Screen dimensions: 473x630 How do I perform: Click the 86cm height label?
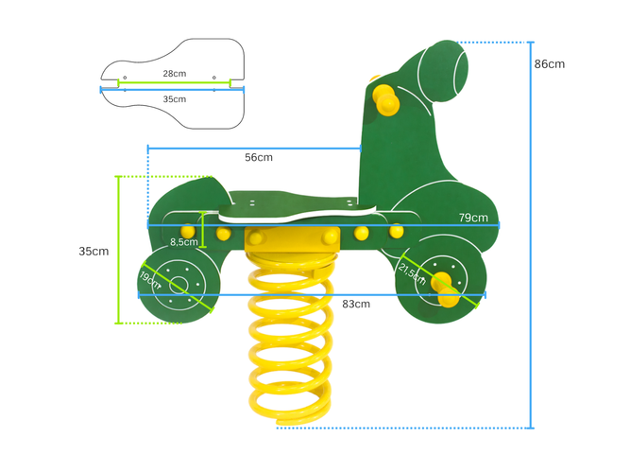pos(549,64)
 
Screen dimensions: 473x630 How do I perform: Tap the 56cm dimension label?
pos(258,157)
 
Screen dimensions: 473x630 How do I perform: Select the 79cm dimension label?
pos(473,218)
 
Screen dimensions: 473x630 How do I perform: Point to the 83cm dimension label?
pos(355,304)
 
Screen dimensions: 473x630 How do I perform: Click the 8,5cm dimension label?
pos(183,242)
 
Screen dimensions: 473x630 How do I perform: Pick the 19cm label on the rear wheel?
pos(149,280)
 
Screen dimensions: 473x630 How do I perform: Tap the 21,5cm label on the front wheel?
pos(411,273)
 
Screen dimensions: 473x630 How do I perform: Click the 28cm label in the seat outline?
pos(173,73)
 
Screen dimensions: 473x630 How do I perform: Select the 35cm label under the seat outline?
pos(174,98)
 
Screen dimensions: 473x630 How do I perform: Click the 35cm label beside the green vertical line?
pos(93,252)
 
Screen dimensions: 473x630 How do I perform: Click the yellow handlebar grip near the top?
pos(385,98)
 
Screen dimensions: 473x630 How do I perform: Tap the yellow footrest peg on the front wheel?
pos(445,288)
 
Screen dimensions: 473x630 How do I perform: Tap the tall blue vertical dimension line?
pos(532,236)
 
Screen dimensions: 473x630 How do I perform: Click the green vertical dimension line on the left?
pos(118,251)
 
